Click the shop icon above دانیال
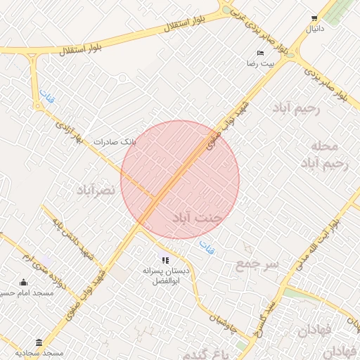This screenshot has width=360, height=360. [x=314, y=19]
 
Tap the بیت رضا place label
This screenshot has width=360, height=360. [x=258, y=63]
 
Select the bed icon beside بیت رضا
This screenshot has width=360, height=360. [x=261, y=53]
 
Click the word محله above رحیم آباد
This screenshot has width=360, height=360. [x=324, y=146]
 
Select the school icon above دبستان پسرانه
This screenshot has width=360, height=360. [x=166, y=261]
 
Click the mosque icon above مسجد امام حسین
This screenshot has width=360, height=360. [x=25, y=283]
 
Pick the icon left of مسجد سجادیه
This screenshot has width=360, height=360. [x=38, y=342]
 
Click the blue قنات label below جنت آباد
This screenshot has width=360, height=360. [x=207, y=247]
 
